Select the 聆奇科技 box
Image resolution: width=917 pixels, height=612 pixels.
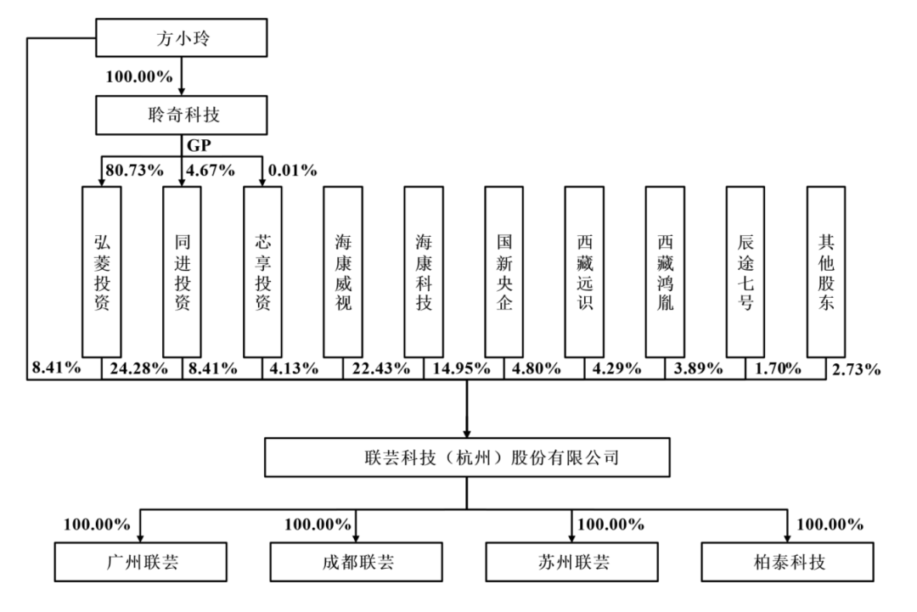182,113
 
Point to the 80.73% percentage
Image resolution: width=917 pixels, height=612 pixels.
134,170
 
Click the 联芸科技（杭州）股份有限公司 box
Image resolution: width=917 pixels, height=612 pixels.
466,458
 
